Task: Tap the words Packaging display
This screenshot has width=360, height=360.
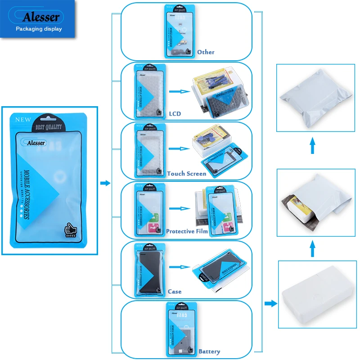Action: click(x=39, y=29)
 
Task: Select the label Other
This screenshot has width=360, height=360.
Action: click(x=206, y=52)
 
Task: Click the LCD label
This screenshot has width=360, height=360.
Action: click(x=174, y=113)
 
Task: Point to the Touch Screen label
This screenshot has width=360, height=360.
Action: click(x=186, y=173)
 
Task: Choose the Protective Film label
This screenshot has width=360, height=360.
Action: click(x=187, y=231)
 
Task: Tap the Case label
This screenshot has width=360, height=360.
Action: click(x=175, y=292)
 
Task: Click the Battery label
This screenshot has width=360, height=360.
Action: click(x=209, y=351)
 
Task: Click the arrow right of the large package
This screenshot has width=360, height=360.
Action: click(x=105, y=183)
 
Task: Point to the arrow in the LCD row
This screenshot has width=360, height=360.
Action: click(x=180, y=91)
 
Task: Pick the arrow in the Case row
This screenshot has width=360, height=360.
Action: click(x=180, y=269)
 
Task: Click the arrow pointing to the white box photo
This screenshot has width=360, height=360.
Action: click(x=270, y=304)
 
